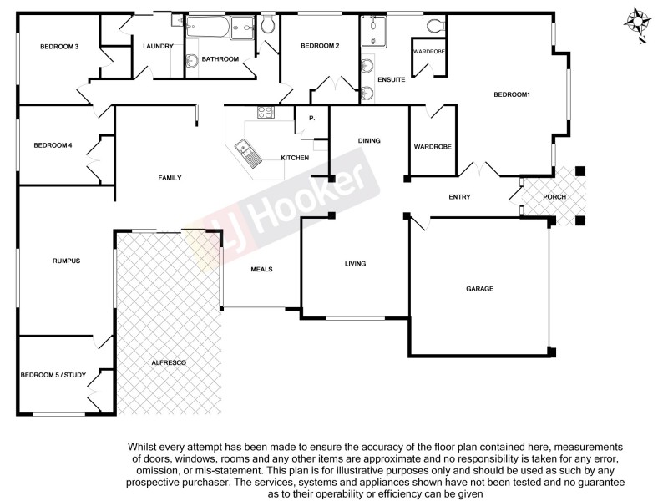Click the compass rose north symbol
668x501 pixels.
click(639, 24)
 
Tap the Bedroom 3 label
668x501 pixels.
click(59, 47)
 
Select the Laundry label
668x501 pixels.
click(157, 47)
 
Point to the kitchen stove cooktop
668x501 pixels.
click(266, 112)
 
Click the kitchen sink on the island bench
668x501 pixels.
click(248, 152)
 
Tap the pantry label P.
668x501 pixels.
click(311, 119)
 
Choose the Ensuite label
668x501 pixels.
click(392, 80)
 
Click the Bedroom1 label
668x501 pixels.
click(512, 94)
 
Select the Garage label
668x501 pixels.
click(479, 289)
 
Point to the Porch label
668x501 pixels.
click(554, 197)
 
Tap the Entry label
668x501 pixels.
click(459, 197)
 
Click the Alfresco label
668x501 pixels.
click(168, 363)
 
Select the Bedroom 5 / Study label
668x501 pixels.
click(53, 375)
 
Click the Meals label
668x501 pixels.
click(262, 269)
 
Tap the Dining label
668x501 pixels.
click(369, 141)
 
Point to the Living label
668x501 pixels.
click(356, 264)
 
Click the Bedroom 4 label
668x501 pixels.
click(53, 145)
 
